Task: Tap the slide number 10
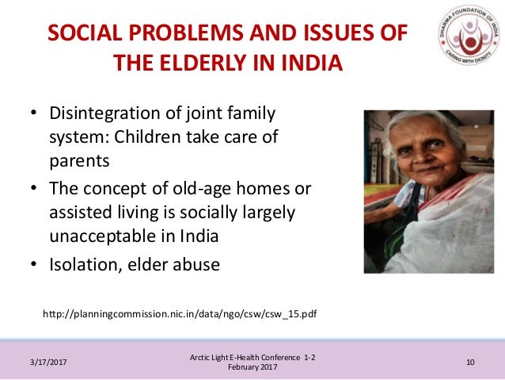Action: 470,362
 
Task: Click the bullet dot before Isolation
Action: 34,263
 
